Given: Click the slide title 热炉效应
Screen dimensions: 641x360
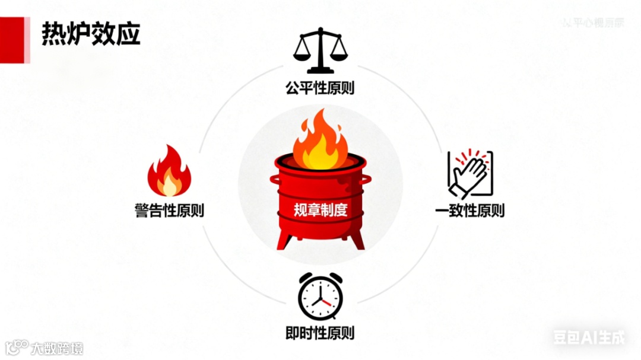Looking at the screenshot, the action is pos(91,35).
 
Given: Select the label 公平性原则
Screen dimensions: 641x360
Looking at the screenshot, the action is pos(320,89).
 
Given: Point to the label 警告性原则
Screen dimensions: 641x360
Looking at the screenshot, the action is pos(169,210).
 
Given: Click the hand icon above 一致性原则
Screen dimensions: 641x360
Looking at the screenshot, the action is pos(471,173).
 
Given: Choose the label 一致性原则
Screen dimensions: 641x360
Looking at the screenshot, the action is pos(470,210).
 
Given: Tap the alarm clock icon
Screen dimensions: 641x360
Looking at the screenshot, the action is pos(320,297).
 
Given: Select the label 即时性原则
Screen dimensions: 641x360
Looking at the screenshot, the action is pos(320,333).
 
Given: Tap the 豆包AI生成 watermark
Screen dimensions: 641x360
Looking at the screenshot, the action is pos(589,337).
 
